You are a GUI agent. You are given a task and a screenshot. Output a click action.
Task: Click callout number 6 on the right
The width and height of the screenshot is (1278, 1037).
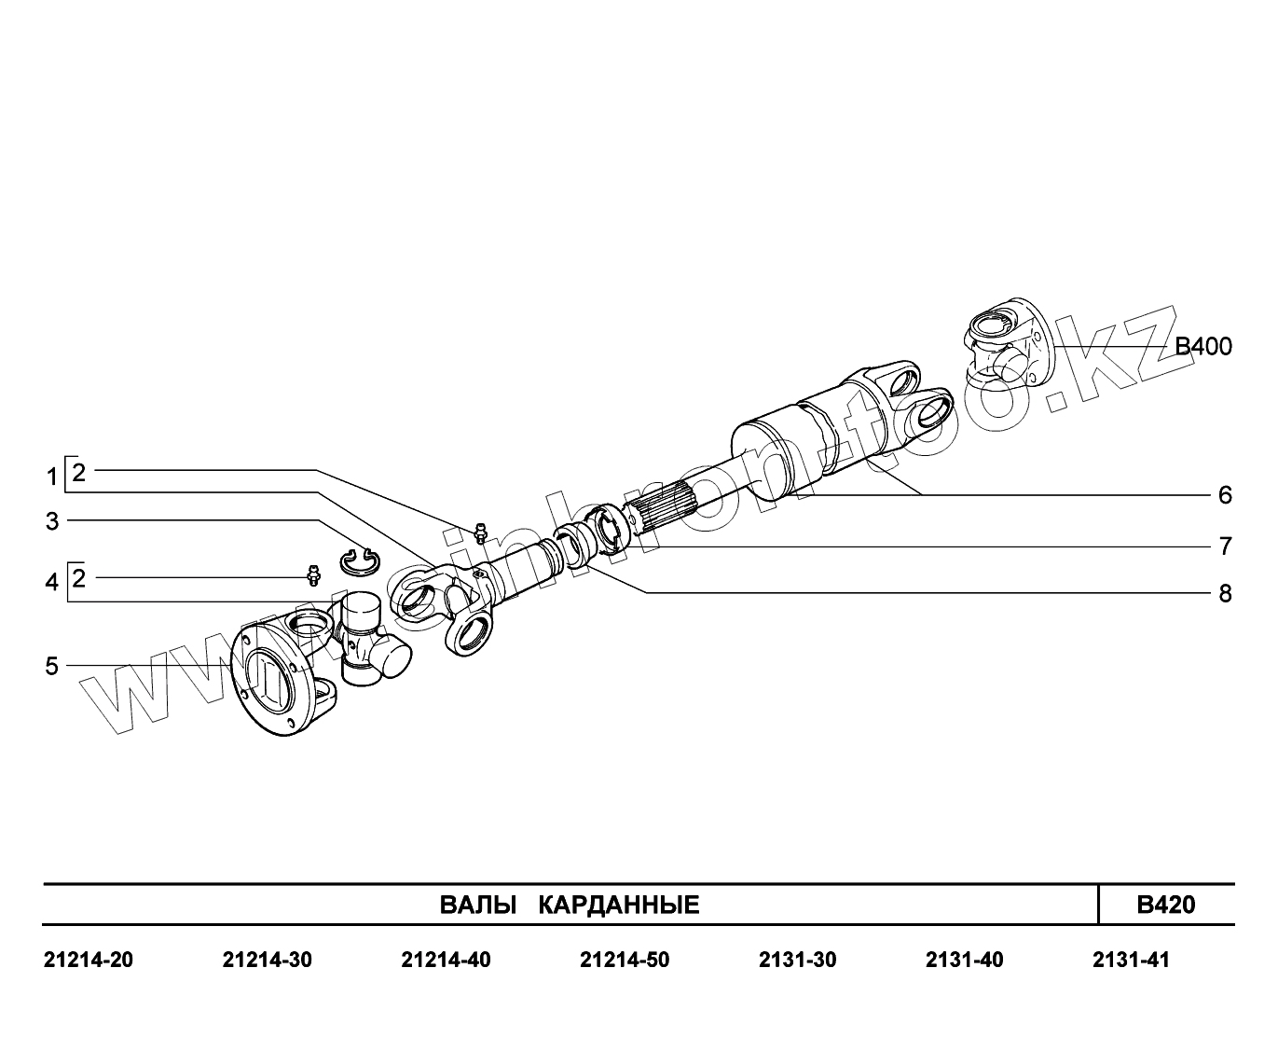coord(1225,494)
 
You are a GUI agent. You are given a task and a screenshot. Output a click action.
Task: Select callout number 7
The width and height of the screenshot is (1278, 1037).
coord(1225,546)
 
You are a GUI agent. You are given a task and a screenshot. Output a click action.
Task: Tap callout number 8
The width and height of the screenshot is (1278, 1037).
coord(1225,593)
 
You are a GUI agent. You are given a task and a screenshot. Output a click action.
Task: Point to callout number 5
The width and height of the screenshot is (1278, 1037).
coord(52,666)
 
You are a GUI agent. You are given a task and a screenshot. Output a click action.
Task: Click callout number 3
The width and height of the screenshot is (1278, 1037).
coord(52,521)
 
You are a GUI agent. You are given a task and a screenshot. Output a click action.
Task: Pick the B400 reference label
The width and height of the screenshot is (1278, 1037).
coord(1202,348)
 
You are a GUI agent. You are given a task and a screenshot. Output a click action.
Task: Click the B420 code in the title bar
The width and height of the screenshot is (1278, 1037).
coord(1166,905)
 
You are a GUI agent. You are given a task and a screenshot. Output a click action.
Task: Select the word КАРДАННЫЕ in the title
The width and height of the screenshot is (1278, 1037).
coord(619,905)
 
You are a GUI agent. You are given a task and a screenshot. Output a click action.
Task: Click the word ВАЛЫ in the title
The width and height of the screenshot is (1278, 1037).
coord(477,905)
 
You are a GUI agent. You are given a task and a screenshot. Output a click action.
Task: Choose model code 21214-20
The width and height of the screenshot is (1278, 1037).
coord(89,960)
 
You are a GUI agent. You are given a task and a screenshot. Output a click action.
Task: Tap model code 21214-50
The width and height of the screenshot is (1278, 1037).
coord(625,960)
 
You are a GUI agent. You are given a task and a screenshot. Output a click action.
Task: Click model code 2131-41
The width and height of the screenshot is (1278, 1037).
coord(1131,960)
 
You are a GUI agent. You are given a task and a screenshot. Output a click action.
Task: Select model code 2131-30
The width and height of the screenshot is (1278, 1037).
coord(798,960)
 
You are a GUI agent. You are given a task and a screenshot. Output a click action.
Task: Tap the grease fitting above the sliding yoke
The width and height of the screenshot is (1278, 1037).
coord(481,532)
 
